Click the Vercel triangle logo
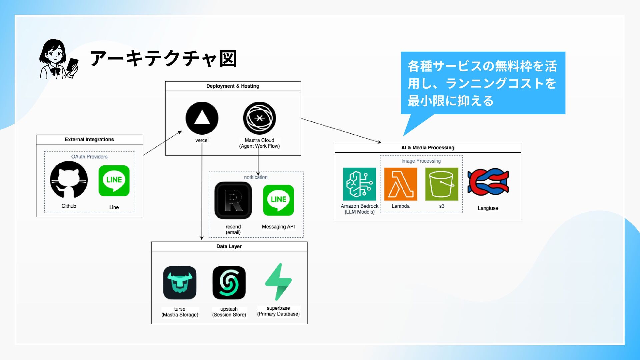(202, 118)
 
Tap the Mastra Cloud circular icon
(259, 118)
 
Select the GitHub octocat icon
(69, 180)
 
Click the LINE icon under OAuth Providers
(114, 181)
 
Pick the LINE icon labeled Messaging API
(278, 200)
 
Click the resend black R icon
(233, 200)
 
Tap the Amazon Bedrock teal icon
(359, 184)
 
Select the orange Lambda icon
(400, 184)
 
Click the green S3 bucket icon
(441, 184)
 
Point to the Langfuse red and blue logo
(488, 182)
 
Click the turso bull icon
(180, 283)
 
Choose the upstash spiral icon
(229, 283)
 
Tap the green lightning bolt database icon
(278, 282)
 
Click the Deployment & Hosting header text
(233, 86)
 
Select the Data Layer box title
(229, 247)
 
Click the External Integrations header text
(89, 139)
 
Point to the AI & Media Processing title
(428, 148)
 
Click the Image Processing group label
(421, 161)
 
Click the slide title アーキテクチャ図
(163, 59)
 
